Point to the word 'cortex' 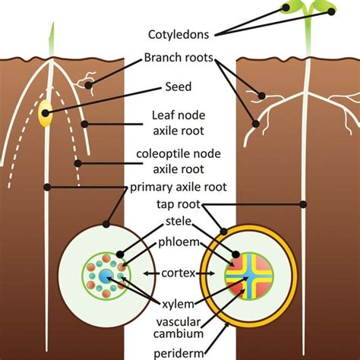click(x=179, y=271)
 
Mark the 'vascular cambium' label click(x=179, y=327)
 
